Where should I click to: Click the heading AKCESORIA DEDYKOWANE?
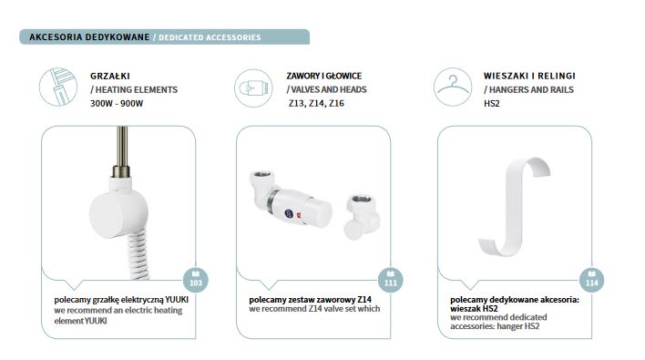(x=89, y=37)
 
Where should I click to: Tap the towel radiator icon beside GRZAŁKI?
(x=58, y=87)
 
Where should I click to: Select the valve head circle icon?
(x=253, y=88)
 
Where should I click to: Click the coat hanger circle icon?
(x=453, y=87)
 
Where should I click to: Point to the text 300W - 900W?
(x=117, y=103)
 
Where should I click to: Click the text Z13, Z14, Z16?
(x=316, y=103)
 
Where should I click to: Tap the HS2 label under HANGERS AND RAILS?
(x=492, y=103)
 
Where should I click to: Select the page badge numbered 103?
(x=195, y=280)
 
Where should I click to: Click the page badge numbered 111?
(x=391, y=280)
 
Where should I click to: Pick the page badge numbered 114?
(x=591, y=280)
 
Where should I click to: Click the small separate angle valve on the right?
(x=361, y=217)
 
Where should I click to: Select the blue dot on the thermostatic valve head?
(x=289, y=213)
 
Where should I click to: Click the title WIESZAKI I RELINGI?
(x=529, y=77)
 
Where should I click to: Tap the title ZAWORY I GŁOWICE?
(x=324, y=77)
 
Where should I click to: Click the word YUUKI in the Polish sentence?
(x=177, y=300)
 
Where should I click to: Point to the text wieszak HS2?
(x=474, y=309)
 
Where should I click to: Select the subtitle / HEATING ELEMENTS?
(x=134, y=89)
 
